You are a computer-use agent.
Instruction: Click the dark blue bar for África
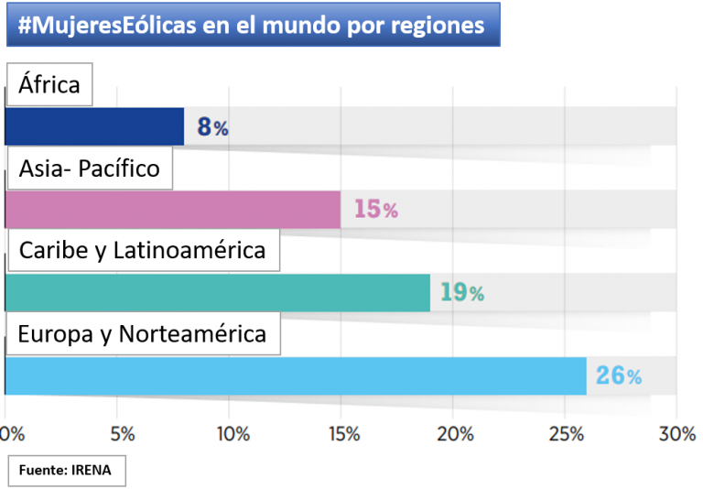94,126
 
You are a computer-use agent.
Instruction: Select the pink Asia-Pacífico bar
172,210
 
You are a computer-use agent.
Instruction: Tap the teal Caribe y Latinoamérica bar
217,293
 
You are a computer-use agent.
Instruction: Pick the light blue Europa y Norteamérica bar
295,375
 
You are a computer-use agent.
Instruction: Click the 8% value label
212,127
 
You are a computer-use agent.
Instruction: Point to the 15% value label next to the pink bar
375,210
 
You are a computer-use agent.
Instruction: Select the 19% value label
461,293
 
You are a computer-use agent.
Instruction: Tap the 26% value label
619,375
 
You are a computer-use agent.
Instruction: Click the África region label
49,85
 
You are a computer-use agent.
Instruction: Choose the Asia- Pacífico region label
89,168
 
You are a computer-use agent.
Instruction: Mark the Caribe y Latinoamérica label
142,250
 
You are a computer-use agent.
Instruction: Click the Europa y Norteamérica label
142,333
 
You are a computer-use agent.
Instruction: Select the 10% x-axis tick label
233,433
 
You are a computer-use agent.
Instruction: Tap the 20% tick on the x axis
456,433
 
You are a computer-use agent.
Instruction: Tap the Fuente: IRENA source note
66,471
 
